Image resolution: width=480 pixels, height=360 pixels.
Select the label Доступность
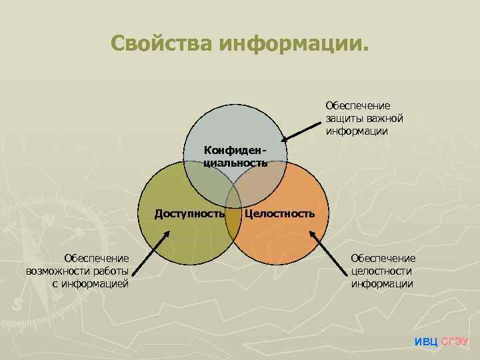[x=189, y=213]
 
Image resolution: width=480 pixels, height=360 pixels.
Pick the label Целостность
[x=279, y=213]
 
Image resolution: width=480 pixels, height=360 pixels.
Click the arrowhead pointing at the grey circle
[x=283, y=140]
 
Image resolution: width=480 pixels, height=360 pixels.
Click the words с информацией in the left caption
[x=89, y=284]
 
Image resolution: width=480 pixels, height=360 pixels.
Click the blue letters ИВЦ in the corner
[x=426, y=342]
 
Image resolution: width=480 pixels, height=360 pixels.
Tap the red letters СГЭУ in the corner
[x=455, y=342]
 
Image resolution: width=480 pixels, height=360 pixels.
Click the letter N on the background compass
[x=49, y=221]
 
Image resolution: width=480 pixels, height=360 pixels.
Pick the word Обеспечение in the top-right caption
[x=358, y=105]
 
